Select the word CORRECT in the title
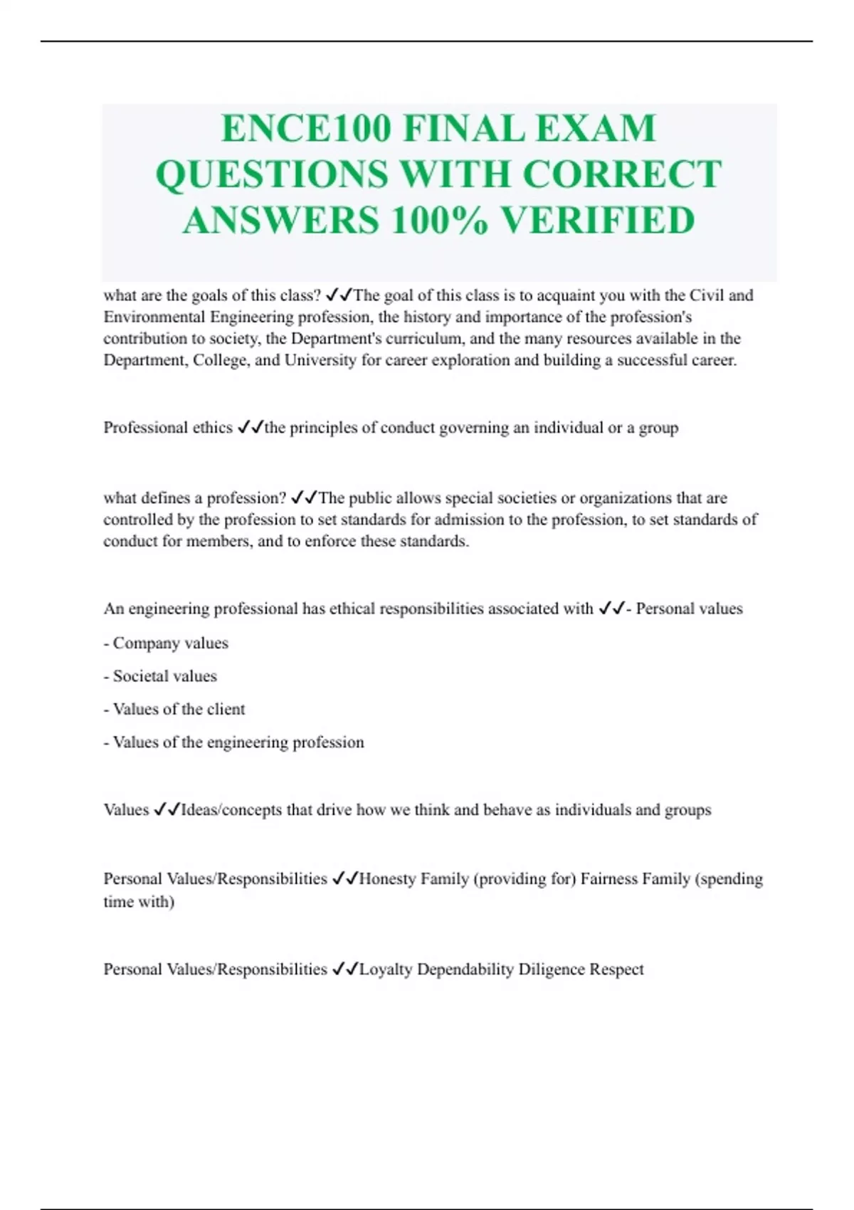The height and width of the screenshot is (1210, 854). (x=622, y=174)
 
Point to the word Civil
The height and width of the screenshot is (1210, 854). (x=707, y=295)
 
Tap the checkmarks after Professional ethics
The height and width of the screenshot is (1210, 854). (x=250, y=428)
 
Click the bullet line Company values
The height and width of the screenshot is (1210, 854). (x=167, y=643)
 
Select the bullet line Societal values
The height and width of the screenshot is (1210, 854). (x=161, y=676)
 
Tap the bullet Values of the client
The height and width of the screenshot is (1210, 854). (x=175, y=710)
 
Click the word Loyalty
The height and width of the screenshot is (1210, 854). (x=386, y=969)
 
